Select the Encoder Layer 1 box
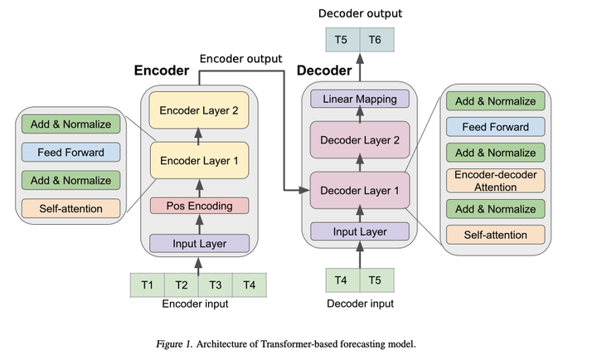tap(199, 161)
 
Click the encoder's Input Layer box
tap(199, 243)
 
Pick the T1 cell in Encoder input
tap(148, 285)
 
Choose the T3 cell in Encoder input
tap(215, 285)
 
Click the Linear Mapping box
tap(360, 100)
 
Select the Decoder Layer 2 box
tap(360, 139)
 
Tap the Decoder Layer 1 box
tap(360, 190)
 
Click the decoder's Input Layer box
tap(360, 231)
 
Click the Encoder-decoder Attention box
tap(495, 181)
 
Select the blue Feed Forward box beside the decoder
tap(495, 127)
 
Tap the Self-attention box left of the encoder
tap(70, 207)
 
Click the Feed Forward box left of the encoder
tap(70, 153)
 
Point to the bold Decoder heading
tap(324, 71)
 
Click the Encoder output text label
tap(240, 58)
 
